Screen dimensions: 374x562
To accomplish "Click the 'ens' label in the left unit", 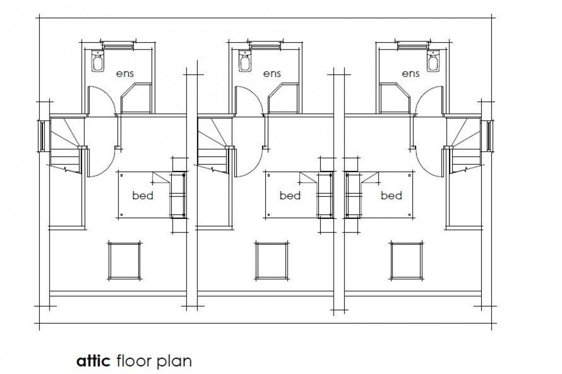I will tap(125, 74).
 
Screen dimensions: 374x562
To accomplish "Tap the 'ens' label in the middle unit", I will tap(272, 74).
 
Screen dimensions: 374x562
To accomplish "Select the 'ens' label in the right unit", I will tap(411, 74).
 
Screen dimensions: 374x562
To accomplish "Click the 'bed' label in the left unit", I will tap(143, 196).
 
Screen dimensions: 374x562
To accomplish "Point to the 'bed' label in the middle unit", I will tap(290, 196).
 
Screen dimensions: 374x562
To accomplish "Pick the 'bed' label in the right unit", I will tap(391, 196).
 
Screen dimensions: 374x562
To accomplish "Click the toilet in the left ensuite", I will tap(98, 61).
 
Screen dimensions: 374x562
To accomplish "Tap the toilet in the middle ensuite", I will tap(245, 61).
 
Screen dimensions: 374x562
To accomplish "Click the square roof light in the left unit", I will tap(124, 260).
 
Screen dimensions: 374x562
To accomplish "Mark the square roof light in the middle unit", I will tap(271, 260).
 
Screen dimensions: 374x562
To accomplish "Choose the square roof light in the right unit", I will tap(406, 260).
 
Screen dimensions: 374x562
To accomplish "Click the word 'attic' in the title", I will tap(93, 361).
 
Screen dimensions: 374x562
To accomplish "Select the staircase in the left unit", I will tap(66, 146).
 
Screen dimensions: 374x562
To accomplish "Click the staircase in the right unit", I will tap(464, 146).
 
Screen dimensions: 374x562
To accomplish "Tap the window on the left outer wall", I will tap(41, 136).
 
